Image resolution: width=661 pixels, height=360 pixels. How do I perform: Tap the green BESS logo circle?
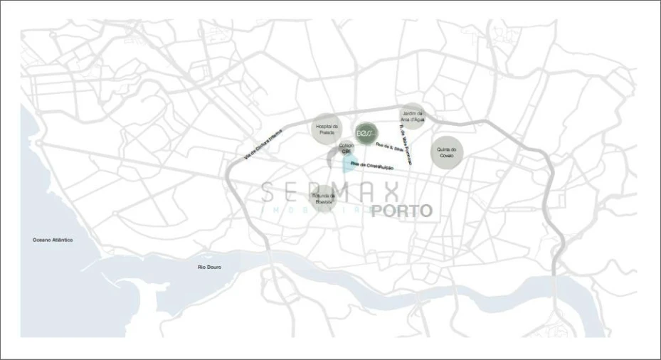click(x=366, y=133)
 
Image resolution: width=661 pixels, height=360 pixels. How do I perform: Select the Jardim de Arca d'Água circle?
click(x=413, y=116)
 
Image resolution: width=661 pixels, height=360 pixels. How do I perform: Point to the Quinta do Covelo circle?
click(x=447, y=152)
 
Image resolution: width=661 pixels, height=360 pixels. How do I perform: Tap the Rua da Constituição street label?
click(x=374, y=166)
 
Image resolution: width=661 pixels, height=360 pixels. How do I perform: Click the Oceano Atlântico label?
click(x=53, y=240)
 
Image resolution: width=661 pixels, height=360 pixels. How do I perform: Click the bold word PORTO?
click(x=401, y=211)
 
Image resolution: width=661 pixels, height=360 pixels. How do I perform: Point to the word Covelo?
click(x=447, y=155)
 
